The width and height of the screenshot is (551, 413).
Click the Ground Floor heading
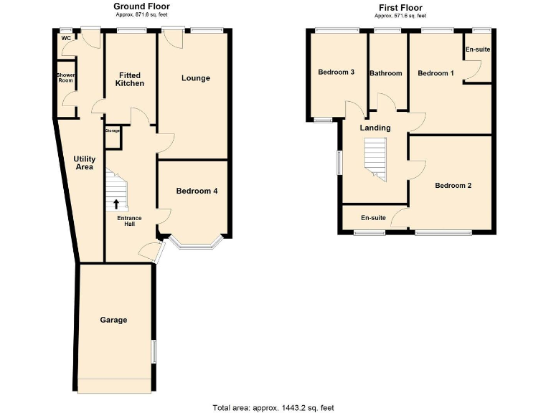pyautogui.click(x=142, y=6)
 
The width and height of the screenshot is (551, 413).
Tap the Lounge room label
pyautogui.click(x=195, y=77)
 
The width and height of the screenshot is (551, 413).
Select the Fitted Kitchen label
pyautogui.click(x=130, y=79)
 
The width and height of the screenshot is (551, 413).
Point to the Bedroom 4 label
pyautogui.click(x=197, y=191)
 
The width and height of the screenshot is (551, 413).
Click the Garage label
pyautogui.click(x=113, y=320)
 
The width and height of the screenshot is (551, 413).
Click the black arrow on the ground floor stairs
pyautogui.click(x=116, y=203)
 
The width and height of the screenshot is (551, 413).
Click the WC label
pyautogui.click(x=66, y=38)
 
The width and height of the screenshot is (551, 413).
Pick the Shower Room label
pyautogui.click(x=65, y=77)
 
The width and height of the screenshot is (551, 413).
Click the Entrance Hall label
pyautogui.click(x=130, y=220)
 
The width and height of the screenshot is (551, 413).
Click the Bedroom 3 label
pyautogui.click(x=336, y=72)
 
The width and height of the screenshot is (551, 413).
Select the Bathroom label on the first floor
pyautogui.click(x=386, y=73)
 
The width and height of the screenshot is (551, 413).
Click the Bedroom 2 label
pyautogui.click(x=453, y=186)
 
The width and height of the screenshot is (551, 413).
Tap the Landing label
pyautogui.click(x=375, y=128)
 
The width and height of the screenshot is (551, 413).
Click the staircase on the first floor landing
pyautogui.click(x=375, y=158)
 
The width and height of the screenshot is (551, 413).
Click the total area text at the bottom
pyautogui.click(x=273, y=407)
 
